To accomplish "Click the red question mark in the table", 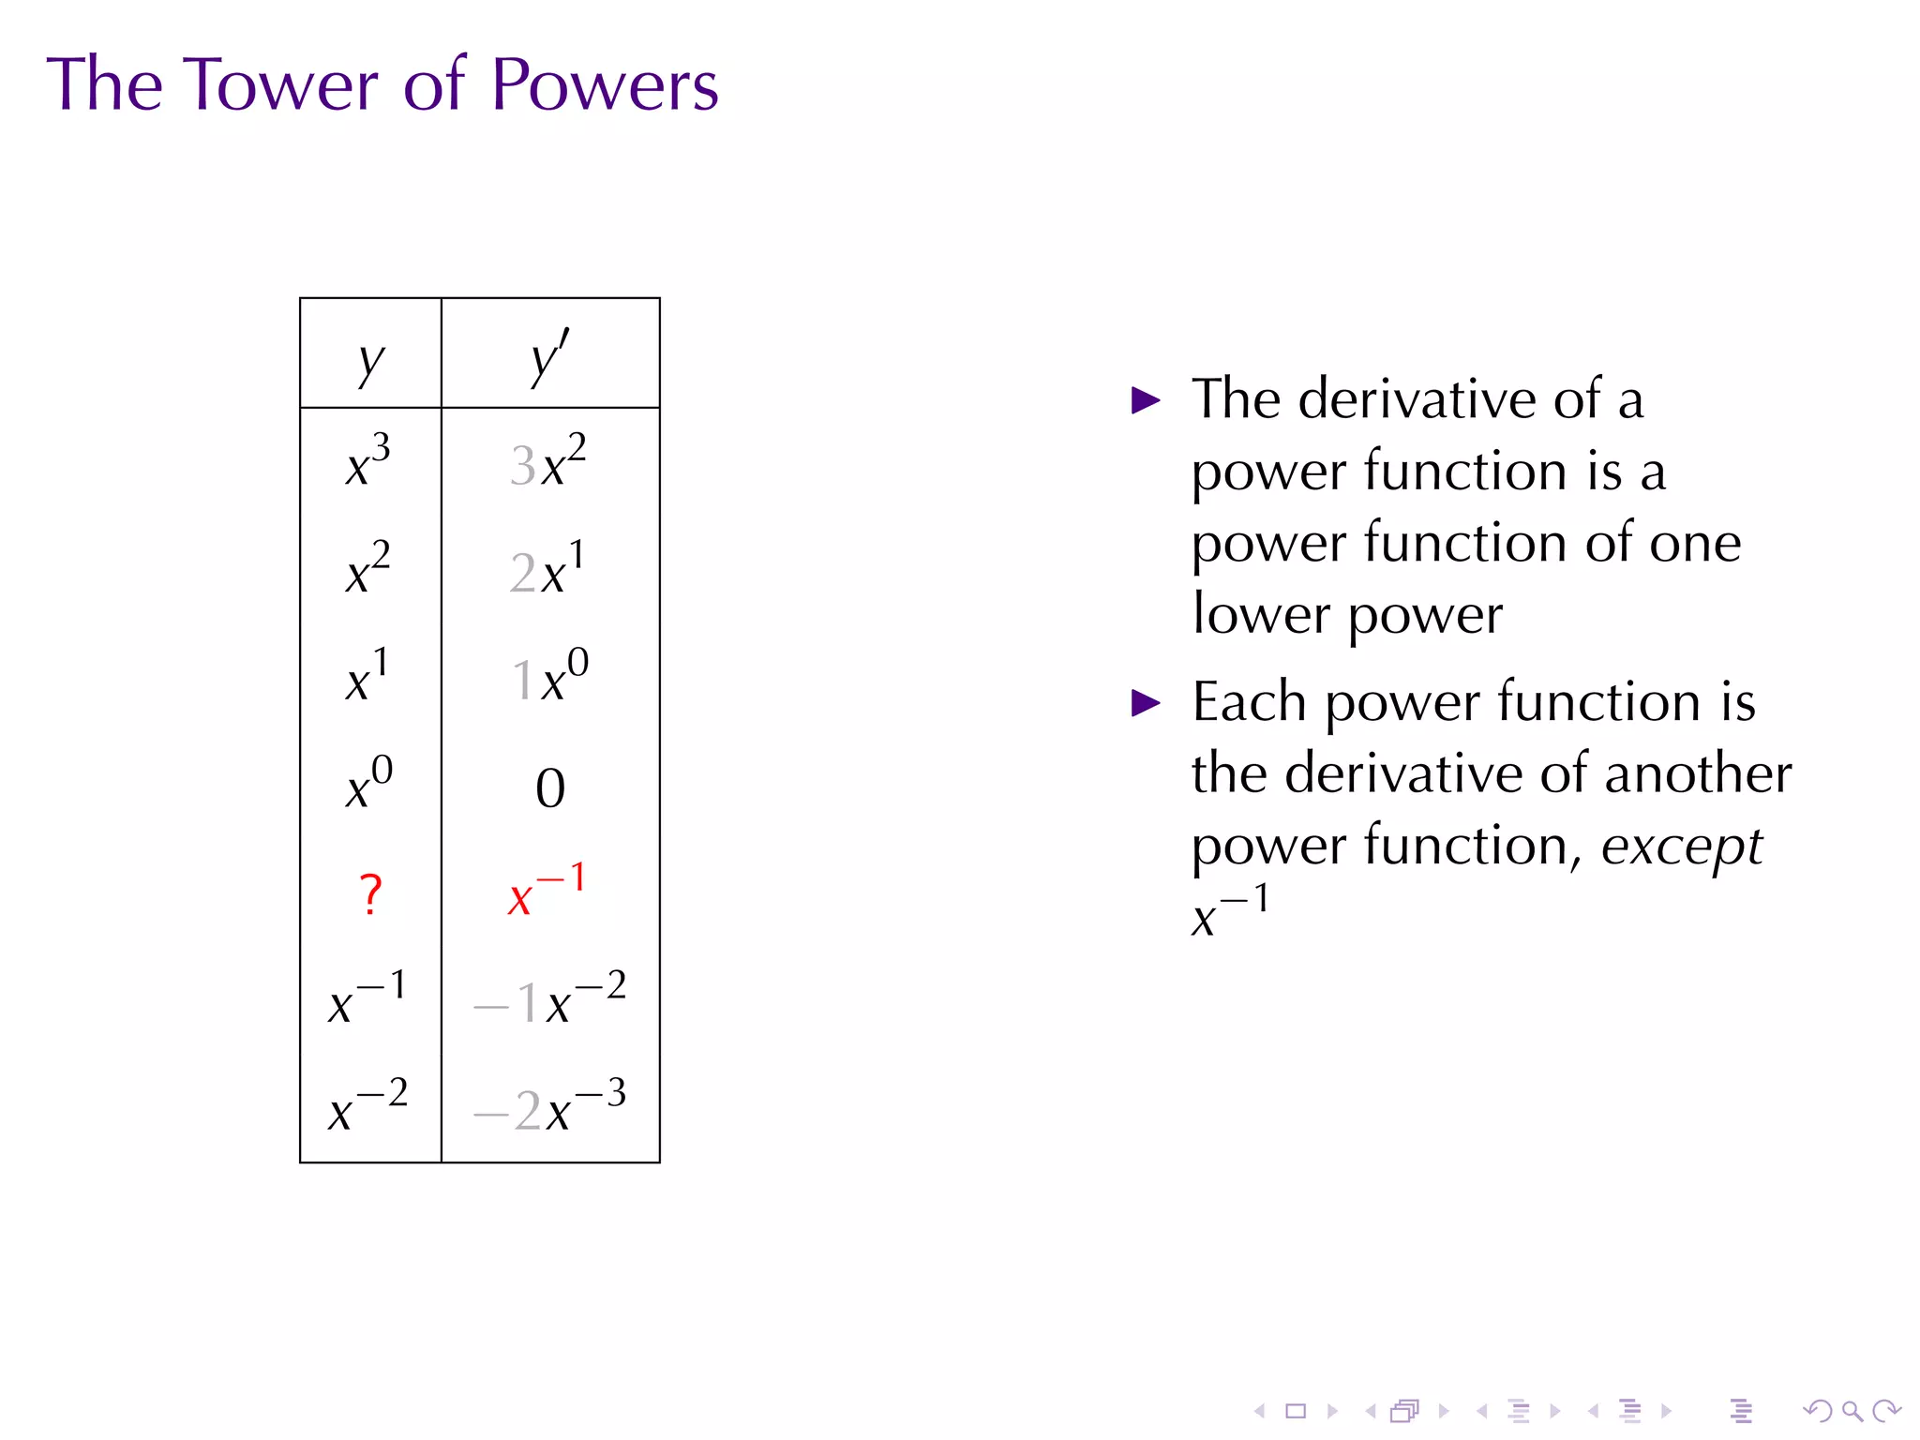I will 370,894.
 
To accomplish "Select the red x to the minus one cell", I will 547,891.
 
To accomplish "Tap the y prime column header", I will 549,357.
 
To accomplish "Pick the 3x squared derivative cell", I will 548,462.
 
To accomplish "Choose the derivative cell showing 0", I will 550,788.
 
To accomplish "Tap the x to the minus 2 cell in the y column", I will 368,1107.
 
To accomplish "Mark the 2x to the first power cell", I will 547,569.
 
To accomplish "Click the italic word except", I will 1681,847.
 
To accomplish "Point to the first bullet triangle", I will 1146,401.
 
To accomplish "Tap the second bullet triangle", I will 1146,703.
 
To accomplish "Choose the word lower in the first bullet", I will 1259,615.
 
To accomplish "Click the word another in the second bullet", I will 1698,774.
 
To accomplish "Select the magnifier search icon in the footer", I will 1852,1411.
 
